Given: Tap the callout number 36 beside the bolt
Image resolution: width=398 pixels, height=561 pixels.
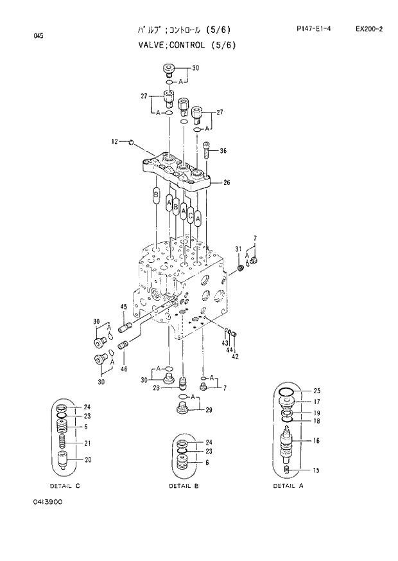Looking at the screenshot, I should click(x=223, y=152).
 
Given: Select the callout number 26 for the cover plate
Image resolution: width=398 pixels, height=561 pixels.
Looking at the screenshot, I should click(x=226, y=183).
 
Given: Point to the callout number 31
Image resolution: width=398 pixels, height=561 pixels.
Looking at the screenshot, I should click(x=238, y=249).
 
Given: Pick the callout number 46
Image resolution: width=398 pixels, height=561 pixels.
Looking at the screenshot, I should click(x=123, y=369).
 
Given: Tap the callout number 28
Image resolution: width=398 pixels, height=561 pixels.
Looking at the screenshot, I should click(x=156, y=388).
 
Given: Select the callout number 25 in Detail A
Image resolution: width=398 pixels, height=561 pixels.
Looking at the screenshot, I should click(x=316, y=391).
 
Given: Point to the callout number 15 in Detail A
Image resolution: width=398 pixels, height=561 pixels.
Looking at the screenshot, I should click(x=316, y=471).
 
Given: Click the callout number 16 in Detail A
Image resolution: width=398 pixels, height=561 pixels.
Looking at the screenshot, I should click(x=316, y=441).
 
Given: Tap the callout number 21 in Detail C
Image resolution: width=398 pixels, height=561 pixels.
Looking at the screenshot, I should click(x=87, y=443).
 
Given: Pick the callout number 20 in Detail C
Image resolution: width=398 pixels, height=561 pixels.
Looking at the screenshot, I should click(x=87, y=459).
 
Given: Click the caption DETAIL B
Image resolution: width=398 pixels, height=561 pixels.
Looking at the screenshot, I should click(x=184, y=486).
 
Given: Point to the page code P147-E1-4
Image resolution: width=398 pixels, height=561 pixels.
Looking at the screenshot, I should click(x=309, y=30).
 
